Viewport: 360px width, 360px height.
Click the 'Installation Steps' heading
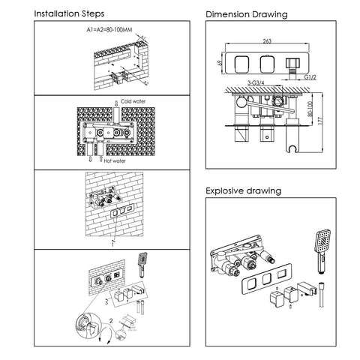69,13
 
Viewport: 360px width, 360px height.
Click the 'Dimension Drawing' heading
247,14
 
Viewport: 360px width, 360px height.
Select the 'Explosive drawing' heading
244,190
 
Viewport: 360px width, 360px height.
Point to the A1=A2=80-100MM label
109,30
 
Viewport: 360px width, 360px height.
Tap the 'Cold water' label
133,101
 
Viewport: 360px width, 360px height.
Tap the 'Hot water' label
115,160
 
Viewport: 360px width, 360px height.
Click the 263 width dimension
267,40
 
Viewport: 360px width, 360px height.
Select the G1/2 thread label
310,77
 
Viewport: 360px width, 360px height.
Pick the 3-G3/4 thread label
256,82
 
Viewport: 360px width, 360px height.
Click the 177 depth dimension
321,120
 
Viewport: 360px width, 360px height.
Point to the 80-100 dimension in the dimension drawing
310,109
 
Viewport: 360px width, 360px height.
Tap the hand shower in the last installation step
143,265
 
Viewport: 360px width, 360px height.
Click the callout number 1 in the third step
112,244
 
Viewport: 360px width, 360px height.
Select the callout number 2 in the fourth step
111,321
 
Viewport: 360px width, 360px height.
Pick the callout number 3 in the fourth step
106,302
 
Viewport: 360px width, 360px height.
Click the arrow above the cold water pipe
116,103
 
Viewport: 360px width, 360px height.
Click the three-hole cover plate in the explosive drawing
267,278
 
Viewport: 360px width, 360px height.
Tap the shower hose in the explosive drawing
321,295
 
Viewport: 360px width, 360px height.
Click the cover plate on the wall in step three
122,211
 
